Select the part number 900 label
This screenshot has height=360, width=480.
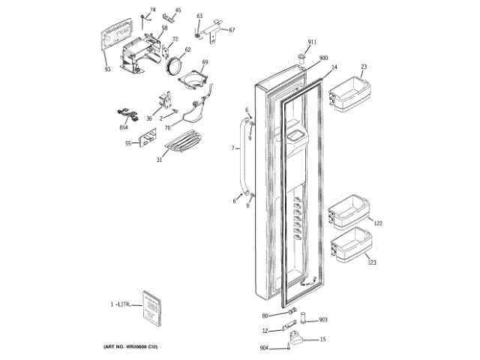323,58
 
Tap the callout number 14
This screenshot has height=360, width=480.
334,67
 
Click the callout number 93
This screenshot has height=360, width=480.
107,69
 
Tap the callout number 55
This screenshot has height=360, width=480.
128,142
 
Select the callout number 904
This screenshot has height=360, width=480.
264,347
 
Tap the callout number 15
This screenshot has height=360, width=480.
323,340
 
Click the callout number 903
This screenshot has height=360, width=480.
323,319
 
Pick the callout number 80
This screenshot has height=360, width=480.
265,315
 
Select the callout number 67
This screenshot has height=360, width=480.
232,30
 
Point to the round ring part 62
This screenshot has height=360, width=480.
178,66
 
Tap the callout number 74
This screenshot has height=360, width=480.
153,10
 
